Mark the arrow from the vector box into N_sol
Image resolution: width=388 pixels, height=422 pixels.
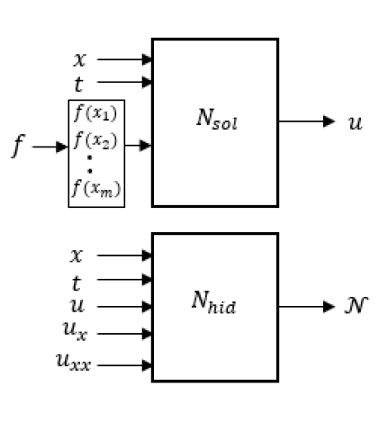[x=138, y=146]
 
